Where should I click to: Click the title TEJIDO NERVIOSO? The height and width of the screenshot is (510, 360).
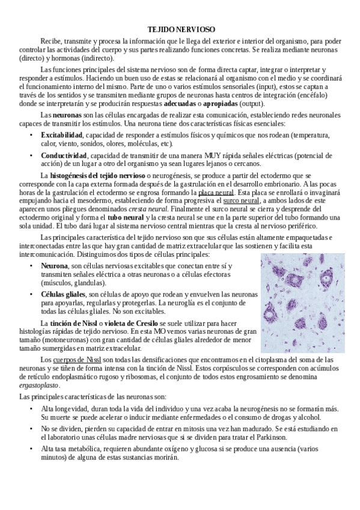pyautogui.click(x=181, y=29)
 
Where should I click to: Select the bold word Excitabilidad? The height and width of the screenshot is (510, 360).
pyautogui.click(x=63, y=135)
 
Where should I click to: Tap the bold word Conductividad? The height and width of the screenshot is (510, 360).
pyautogui.click(x=64, y=155)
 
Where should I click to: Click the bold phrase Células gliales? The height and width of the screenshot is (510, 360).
pyautogui.click(x=63, y=294)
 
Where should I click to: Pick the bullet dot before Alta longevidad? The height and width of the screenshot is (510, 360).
pyautogui.click(x=31, y=408)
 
